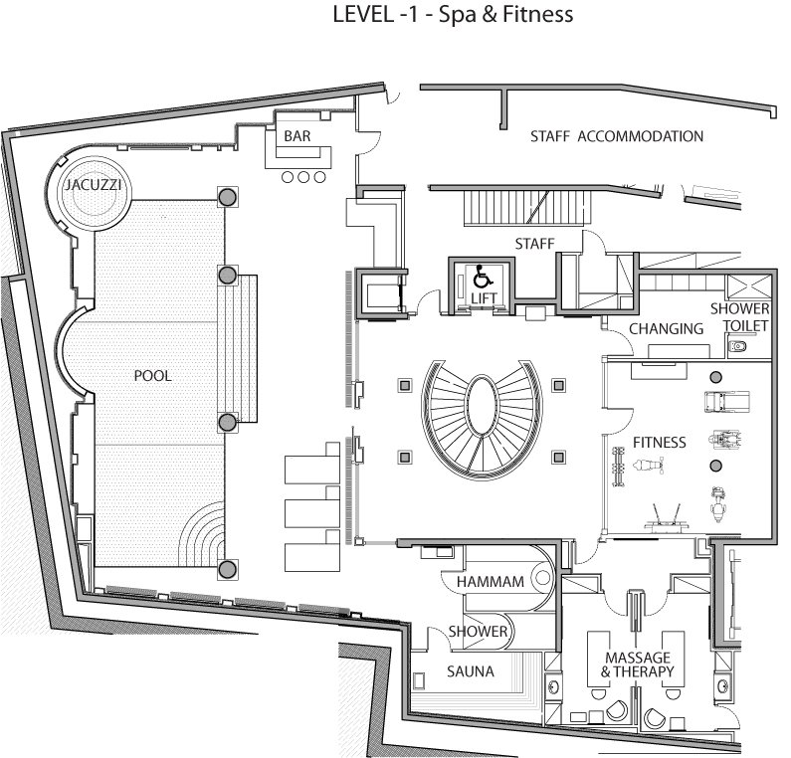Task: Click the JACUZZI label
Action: [x=93, y=185]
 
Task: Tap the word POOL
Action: [x=153, y=376]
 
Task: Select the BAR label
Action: [x=297, y=136]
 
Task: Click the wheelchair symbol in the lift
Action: [x=483, y=277]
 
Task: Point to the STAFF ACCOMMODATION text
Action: [x=617, y=136]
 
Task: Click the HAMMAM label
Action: [x=491, y=582]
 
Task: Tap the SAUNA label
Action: [x=471, y=671]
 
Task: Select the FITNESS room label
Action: [x=660, y=443]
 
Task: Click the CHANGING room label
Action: [x=666, y=329]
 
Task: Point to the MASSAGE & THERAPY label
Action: [x=638, y=664]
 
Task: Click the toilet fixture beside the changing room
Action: [x=737, y=347]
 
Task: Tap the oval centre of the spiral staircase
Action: [x=482, y=405]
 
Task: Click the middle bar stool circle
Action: [x=303, y=177]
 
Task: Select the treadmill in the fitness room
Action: [x=727, y=402]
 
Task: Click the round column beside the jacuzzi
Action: [x=227, y=197]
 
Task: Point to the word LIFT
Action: [x=484, y=298]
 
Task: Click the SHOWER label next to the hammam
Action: [x=478, y=632]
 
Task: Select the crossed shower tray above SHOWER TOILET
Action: [x=748, y=287]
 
